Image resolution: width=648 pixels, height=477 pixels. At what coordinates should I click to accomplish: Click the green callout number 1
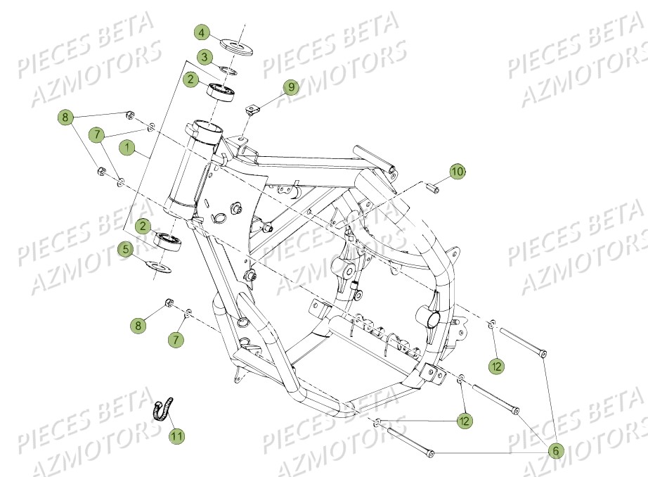click(x=127, y=148)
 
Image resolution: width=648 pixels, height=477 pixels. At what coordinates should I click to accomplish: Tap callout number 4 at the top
click(x=202, y=33)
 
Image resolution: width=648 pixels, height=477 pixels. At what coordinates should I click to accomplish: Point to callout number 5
click(x=127, y=248)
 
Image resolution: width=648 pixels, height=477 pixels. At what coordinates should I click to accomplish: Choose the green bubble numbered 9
click(x=291, y=87)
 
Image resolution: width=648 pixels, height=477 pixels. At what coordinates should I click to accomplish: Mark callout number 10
click(x=457, y=171)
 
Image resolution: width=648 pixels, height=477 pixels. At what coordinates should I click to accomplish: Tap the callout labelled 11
click(x=177, y=436)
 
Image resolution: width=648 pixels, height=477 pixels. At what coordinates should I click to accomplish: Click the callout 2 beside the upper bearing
click(x=191, y=80)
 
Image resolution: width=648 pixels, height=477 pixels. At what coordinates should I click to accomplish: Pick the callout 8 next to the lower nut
click(x=138, y=325)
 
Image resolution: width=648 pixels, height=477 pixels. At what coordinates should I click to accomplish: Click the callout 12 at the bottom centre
click(x=464, y=421)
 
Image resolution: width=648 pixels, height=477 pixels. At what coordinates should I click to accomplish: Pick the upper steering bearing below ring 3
click(x=221, y=91)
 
